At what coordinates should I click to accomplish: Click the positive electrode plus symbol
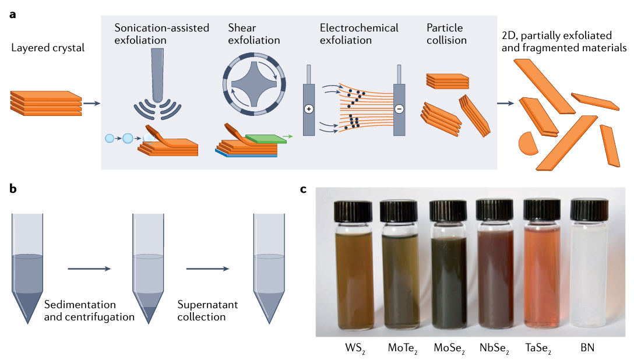[308, 109]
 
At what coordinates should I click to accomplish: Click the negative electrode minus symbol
[399, 109]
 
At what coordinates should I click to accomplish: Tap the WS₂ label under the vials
[354, 349]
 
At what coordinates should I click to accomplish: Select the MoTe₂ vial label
[402, 349]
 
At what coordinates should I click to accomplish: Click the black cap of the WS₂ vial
[353, 211]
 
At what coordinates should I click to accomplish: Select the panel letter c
[304, 189]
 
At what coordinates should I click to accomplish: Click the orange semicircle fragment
[527, 144]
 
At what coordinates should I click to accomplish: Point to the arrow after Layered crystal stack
[91, 104]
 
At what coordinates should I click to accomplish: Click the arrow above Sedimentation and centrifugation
[89, 269]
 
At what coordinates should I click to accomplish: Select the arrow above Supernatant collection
[207, 269]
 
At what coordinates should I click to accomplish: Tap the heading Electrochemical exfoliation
[359, 34]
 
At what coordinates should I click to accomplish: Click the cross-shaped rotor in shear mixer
[253, 84]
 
